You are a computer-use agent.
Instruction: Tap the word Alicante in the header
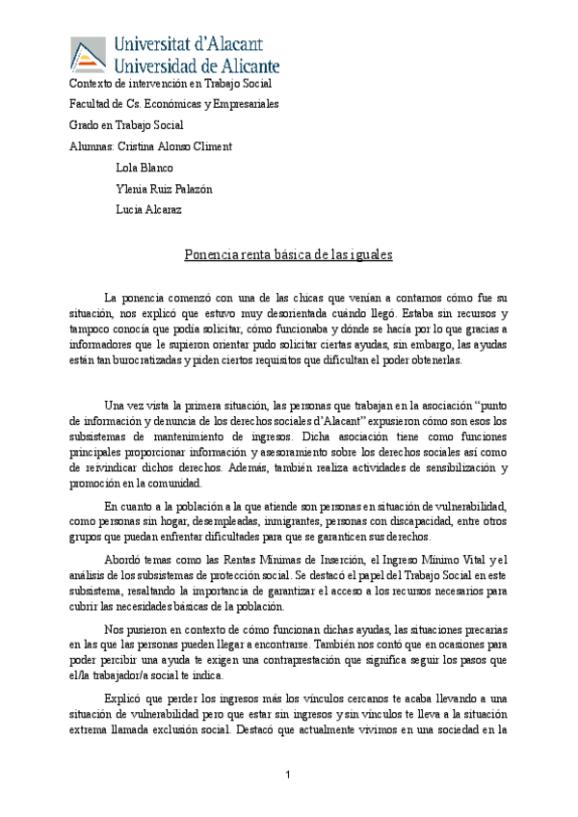[245, 66]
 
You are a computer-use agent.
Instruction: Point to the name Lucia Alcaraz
[148, 209]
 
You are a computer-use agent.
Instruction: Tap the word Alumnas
[91, 146]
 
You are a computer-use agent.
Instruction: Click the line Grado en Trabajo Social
[125, 125]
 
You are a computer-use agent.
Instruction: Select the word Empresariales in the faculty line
[245, 104]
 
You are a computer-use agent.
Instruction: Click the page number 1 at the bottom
[288, 776]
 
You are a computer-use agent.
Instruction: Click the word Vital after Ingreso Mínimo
[453, 562]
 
